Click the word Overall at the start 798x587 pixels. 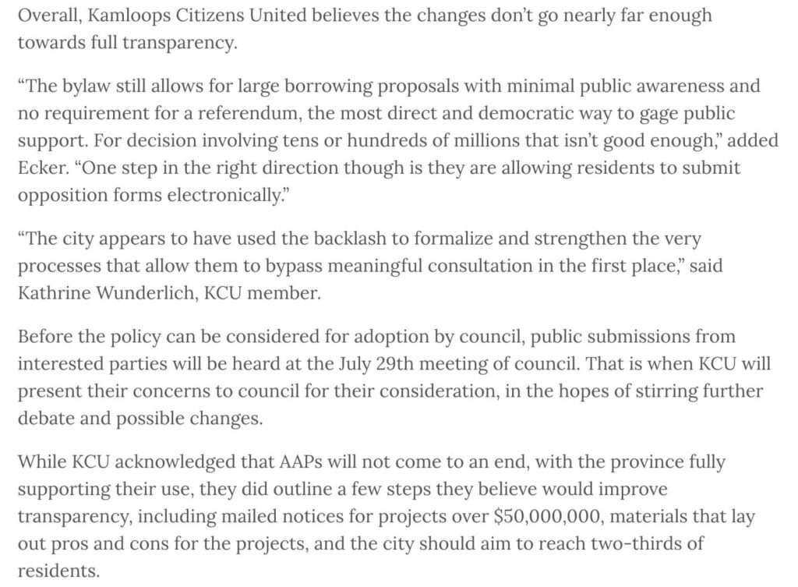tap(45, 16)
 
